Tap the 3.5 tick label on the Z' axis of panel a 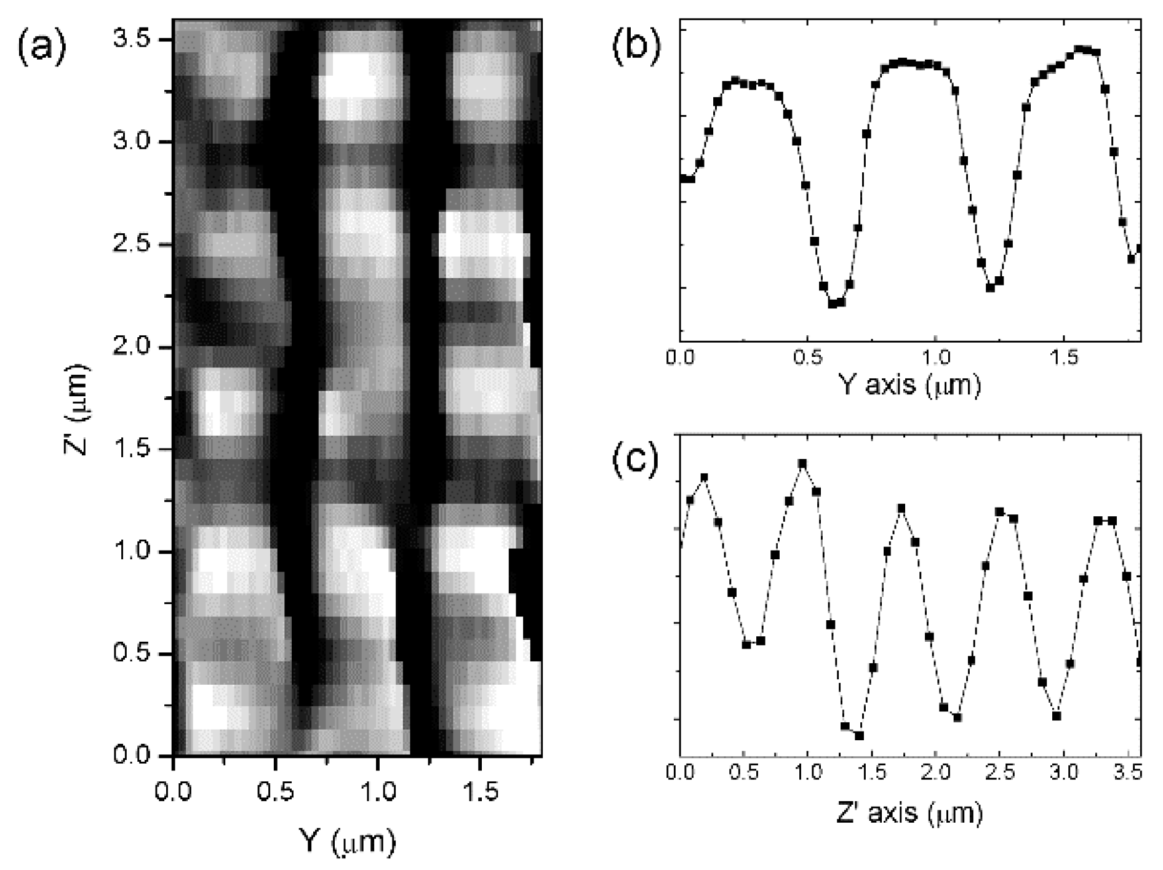132,40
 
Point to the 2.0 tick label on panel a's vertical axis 132,347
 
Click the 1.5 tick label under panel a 480,792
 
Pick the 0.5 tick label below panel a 276,792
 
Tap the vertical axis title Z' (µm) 78,410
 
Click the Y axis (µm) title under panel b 909,385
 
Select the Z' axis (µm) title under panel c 909,813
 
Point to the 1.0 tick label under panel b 935,358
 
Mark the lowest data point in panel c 860,735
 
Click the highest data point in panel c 802,463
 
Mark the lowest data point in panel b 832,303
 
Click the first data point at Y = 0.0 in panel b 682,178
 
